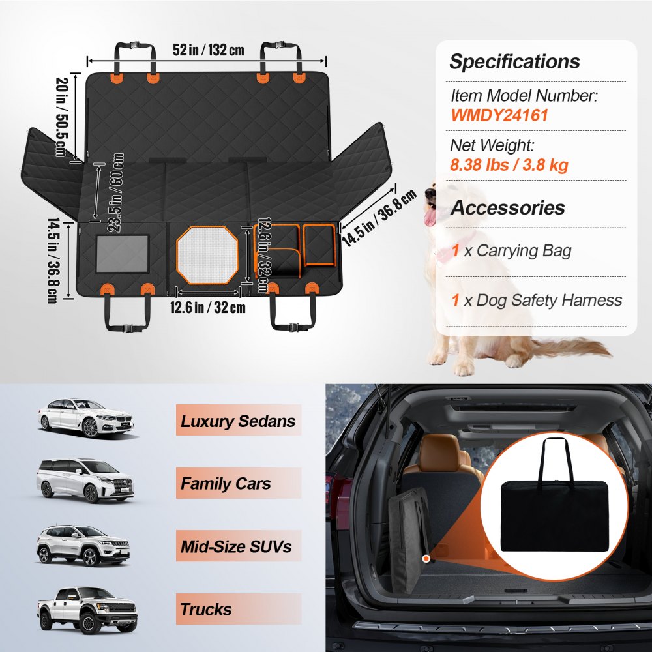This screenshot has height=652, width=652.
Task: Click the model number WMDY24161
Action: (x=499, y=116)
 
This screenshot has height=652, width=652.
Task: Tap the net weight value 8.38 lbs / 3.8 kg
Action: (x=509, y=164)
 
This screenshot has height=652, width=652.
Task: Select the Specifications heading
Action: (x=514, y=62)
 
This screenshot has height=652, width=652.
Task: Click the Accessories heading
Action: (x=508, y=208)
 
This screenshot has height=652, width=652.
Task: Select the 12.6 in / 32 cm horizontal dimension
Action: (x=209, y=306)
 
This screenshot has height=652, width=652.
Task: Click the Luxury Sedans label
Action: (x=238, y=421)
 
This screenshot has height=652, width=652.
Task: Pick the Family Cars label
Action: (x=226, y=484)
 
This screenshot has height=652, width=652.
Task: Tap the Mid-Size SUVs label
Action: (x=236, y=546)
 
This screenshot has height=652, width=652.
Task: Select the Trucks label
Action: (x=206, y=610)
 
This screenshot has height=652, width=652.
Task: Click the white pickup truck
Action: (x=87, y=610)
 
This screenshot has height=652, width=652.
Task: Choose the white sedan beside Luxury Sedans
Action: (x=86, y=417)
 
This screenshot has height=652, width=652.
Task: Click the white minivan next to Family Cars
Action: (x=85, y=481)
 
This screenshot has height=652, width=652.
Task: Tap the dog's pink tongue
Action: (x=430, y=216)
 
